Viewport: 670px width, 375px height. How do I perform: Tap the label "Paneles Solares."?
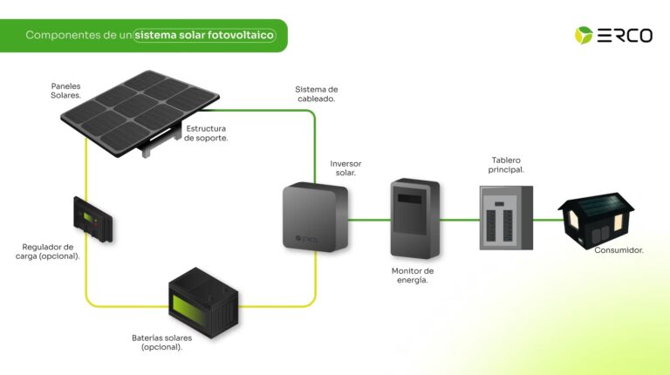(66, 90)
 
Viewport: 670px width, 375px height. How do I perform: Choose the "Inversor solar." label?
(345, 167)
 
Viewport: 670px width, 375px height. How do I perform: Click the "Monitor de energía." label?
(413, 275)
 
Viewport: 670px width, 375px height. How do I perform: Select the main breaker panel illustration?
(506, 218)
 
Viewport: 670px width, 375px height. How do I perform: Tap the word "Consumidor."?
(619, 250)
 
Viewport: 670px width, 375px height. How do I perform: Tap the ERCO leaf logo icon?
(583, 35)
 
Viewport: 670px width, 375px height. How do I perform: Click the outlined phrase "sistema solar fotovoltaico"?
(204, 36)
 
